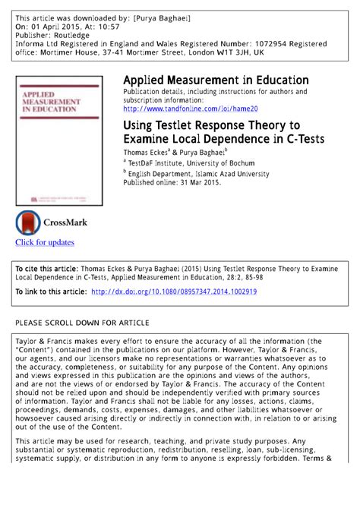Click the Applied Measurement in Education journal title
(216, 80)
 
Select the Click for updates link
(45, 242)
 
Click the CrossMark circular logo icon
(28, 222)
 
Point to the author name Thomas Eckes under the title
(146, 151)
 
